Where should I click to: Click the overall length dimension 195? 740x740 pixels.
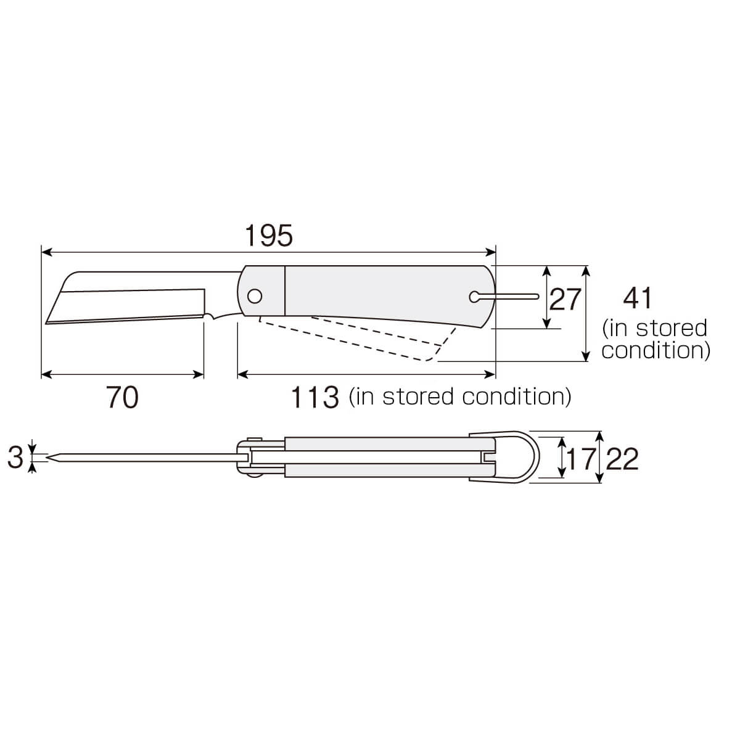[x=268, y=236]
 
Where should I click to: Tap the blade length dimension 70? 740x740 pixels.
[x=122, y=397]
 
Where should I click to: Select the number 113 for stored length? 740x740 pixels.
[x=315, y=397]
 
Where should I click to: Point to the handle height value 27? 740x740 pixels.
[x=565, y=299]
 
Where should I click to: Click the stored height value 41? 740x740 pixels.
[x=637, y=299]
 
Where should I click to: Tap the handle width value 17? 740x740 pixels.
[x=580, y=459]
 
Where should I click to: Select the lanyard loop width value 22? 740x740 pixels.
[x=622, y=459]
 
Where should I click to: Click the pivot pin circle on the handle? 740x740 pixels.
[x=253, y=297]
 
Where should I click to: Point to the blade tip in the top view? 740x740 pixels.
[x=51, y=458]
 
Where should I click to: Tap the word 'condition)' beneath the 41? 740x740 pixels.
[x=656, y=351]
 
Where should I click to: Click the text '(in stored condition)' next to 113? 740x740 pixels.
[x=460, y=397]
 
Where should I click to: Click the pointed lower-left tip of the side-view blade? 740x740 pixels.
[x=47, y=321]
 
